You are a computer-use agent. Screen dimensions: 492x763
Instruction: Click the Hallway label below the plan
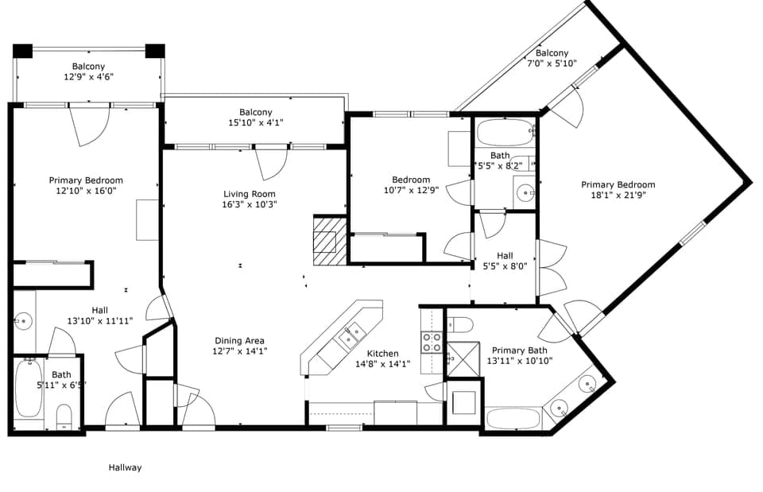coord(125,467)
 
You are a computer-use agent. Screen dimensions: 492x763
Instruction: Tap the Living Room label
coord(249,194)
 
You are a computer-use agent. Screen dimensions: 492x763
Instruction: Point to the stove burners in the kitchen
coord(431,342)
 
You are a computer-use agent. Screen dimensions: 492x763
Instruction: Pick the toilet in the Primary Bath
coord(460,324)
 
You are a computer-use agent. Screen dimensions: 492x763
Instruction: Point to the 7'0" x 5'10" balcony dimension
coord(552,64)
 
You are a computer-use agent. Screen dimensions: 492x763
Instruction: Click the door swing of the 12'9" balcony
coord(90,126)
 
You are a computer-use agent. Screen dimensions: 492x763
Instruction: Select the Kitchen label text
coord(382,354)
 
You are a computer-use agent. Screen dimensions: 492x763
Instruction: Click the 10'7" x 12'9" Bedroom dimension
coord(411,190)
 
